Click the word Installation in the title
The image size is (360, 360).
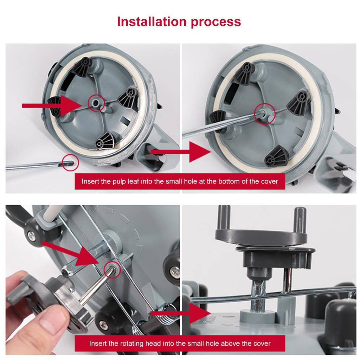tap(152, 21)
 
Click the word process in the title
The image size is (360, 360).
tap(216, 22)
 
